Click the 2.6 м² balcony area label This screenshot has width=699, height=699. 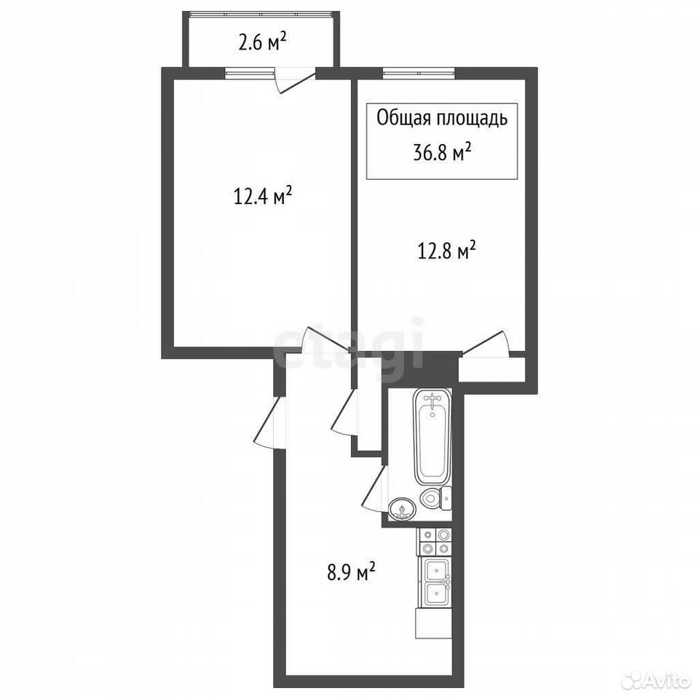point(262,44)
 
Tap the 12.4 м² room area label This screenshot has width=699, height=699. point(263,196)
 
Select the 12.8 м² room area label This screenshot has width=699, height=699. point(446,250)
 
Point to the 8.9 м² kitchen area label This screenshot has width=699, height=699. point(351,572)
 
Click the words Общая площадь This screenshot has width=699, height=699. point(442,119)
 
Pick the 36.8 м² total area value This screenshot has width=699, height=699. point(442,154)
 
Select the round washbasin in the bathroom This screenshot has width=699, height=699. point(402,509)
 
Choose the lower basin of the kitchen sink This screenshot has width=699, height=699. point(435,594)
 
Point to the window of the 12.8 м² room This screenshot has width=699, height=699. point(419,73)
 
